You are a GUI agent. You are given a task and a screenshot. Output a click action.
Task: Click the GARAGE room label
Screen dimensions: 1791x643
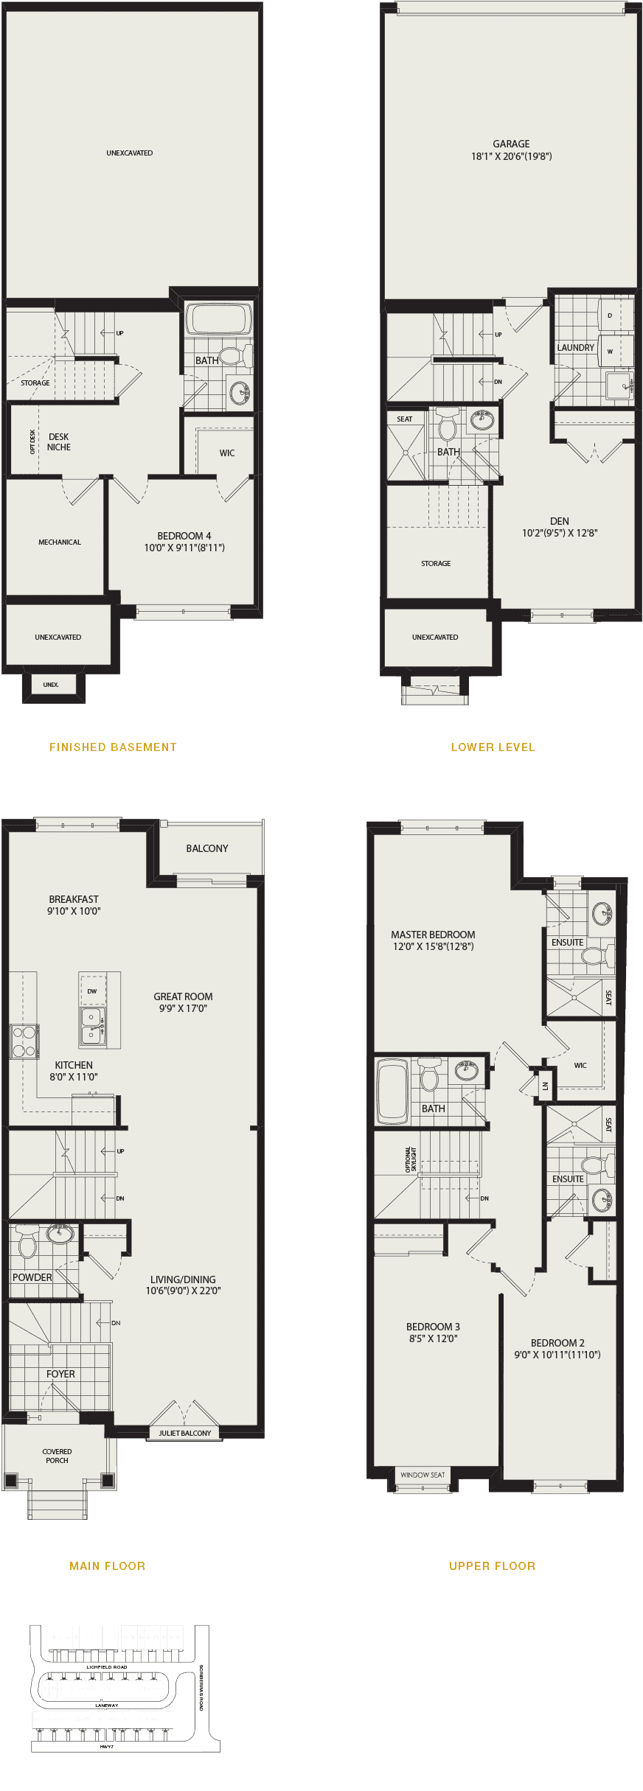(511, 144)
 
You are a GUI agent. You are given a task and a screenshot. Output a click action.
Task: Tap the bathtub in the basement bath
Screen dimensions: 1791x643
(218, 319)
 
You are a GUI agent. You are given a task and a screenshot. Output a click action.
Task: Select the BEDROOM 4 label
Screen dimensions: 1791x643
(184, 536)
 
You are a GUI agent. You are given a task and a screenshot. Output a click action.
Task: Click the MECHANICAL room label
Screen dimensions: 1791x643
(60, 542)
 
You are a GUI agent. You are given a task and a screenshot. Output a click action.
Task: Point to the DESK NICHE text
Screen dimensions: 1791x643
(59, 442)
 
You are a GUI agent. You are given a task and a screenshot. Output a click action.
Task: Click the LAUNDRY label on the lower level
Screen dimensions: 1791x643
(575, 348)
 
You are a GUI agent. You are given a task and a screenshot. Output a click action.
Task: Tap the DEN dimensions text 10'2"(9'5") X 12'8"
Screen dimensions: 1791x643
(560, 533)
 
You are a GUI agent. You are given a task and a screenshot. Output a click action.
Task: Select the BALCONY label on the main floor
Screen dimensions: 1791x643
(207, 848)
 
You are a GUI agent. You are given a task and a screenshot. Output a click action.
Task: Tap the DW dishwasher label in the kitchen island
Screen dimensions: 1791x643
(92, 991)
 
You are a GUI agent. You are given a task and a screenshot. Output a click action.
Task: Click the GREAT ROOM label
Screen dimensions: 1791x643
(183, 996)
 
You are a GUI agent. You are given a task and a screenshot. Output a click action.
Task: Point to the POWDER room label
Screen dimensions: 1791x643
(32, 1277)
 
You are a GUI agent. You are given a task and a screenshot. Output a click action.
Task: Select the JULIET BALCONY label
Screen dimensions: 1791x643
(185, 1434)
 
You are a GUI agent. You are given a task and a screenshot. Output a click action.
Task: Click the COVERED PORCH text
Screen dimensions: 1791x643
(57, 1456)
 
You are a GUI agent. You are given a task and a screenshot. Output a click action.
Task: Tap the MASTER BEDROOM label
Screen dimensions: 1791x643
(433, 935)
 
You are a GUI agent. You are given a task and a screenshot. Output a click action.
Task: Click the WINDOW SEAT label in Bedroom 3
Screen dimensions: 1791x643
(423, 1475)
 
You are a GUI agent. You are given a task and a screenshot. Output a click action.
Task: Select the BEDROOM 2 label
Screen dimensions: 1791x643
(557, 1343)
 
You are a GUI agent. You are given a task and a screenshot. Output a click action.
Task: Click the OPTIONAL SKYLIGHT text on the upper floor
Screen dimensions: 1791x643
(411, 1158)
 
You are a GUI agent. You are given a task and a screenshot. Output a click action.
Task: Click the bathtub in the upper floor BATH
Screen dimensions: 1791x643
(392, 1092)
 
